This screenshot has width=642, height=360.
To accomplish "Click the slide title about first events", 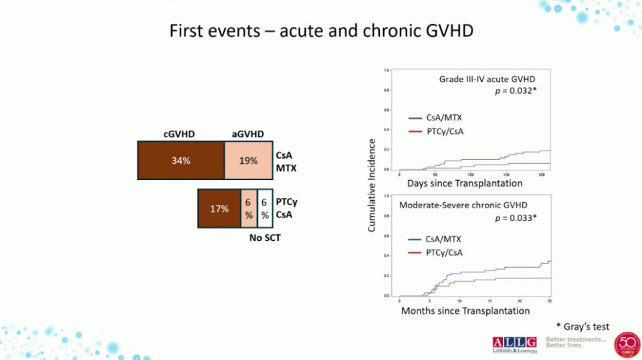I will click(x=322, y=31).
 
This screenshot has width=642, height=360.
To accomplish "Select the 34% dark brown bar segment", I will click(x=181, y=161).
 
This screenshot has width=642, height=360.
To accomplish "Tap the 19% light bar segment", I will click(x=248, y=161).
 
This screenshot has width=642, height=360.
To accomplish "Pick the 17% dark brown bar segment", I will click(x=219, y=209).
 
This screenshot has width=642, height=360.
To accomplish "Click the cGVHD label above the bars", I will click(x=179, y=134).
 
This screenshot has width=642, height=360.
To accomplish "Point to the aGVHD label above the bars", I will click(x=247, y=134).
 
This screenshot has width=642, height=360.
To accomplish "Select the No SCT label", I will click(x=261, y=238).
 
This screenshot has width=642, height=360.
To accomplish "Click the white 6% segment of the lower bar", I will click(x=265, y=209).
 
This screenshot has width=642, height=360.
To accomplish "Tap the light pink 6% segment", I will click(x=248, y=209).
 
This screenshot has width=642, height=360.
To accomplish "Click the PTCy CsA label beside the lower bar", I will click(x=287, y=208).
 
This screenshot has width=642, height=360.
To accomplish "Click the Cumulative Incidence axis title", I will click(x=372, y=186).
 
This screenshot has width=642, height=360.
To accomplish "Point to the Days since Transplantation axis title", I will click(x=465, y=183).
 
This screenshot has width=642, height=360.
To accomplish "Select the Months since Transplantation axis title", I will click(x=465, y=310).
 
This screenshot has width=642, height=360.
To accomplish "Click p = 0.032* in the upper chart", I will click(x=514, y=91).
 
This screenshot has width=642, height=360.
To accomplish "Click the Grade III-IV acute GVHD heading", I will click(x=487, y=79).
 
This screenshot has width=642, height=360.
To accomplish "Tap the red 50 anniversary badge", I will click(x=627, y=345).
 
